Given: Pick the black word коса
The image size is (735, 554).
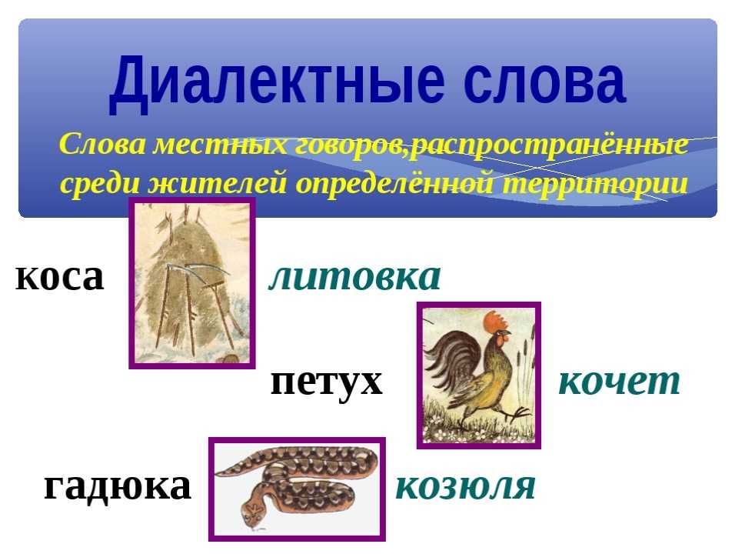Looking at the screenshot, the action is pos(59,277).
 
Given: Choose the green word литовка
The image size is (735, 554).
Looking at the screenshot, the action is pos(354,276).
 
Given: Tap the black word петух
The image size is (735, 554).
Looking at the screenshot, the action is pos(327,382).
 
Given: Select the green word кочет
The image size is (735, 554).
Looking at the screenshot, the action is pos(619,382).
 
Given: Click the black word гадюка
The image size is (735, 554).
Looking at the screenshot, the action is pos(117,486).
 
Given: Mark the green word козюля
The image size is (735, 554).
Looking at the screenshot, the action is pos(465,486).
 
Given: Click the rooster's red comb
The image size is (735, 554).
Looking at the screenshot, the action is pos(495,322).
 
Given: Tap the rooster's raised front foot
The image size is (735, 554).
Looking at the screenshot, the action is pos(519,413).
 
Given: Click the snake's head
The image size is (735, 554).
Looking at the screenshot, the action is pos(253,512).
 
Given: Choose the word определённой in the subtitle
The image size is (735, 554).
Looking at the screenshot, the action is pos(394,183).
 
